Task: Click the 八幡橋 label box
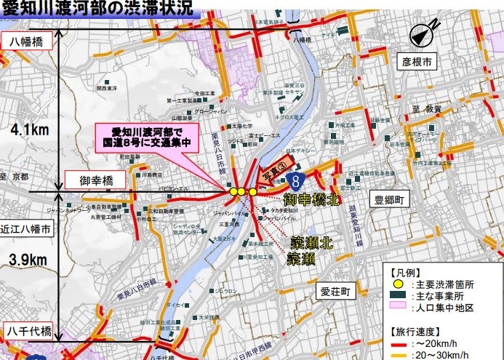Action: click(x=31, y=42)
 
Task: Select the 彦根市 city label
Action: click(x=417, y=62)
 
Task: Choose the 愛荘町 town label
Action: click(x=335, y=292)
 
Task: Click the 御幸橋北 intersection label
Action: click(x=313, y=199)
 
